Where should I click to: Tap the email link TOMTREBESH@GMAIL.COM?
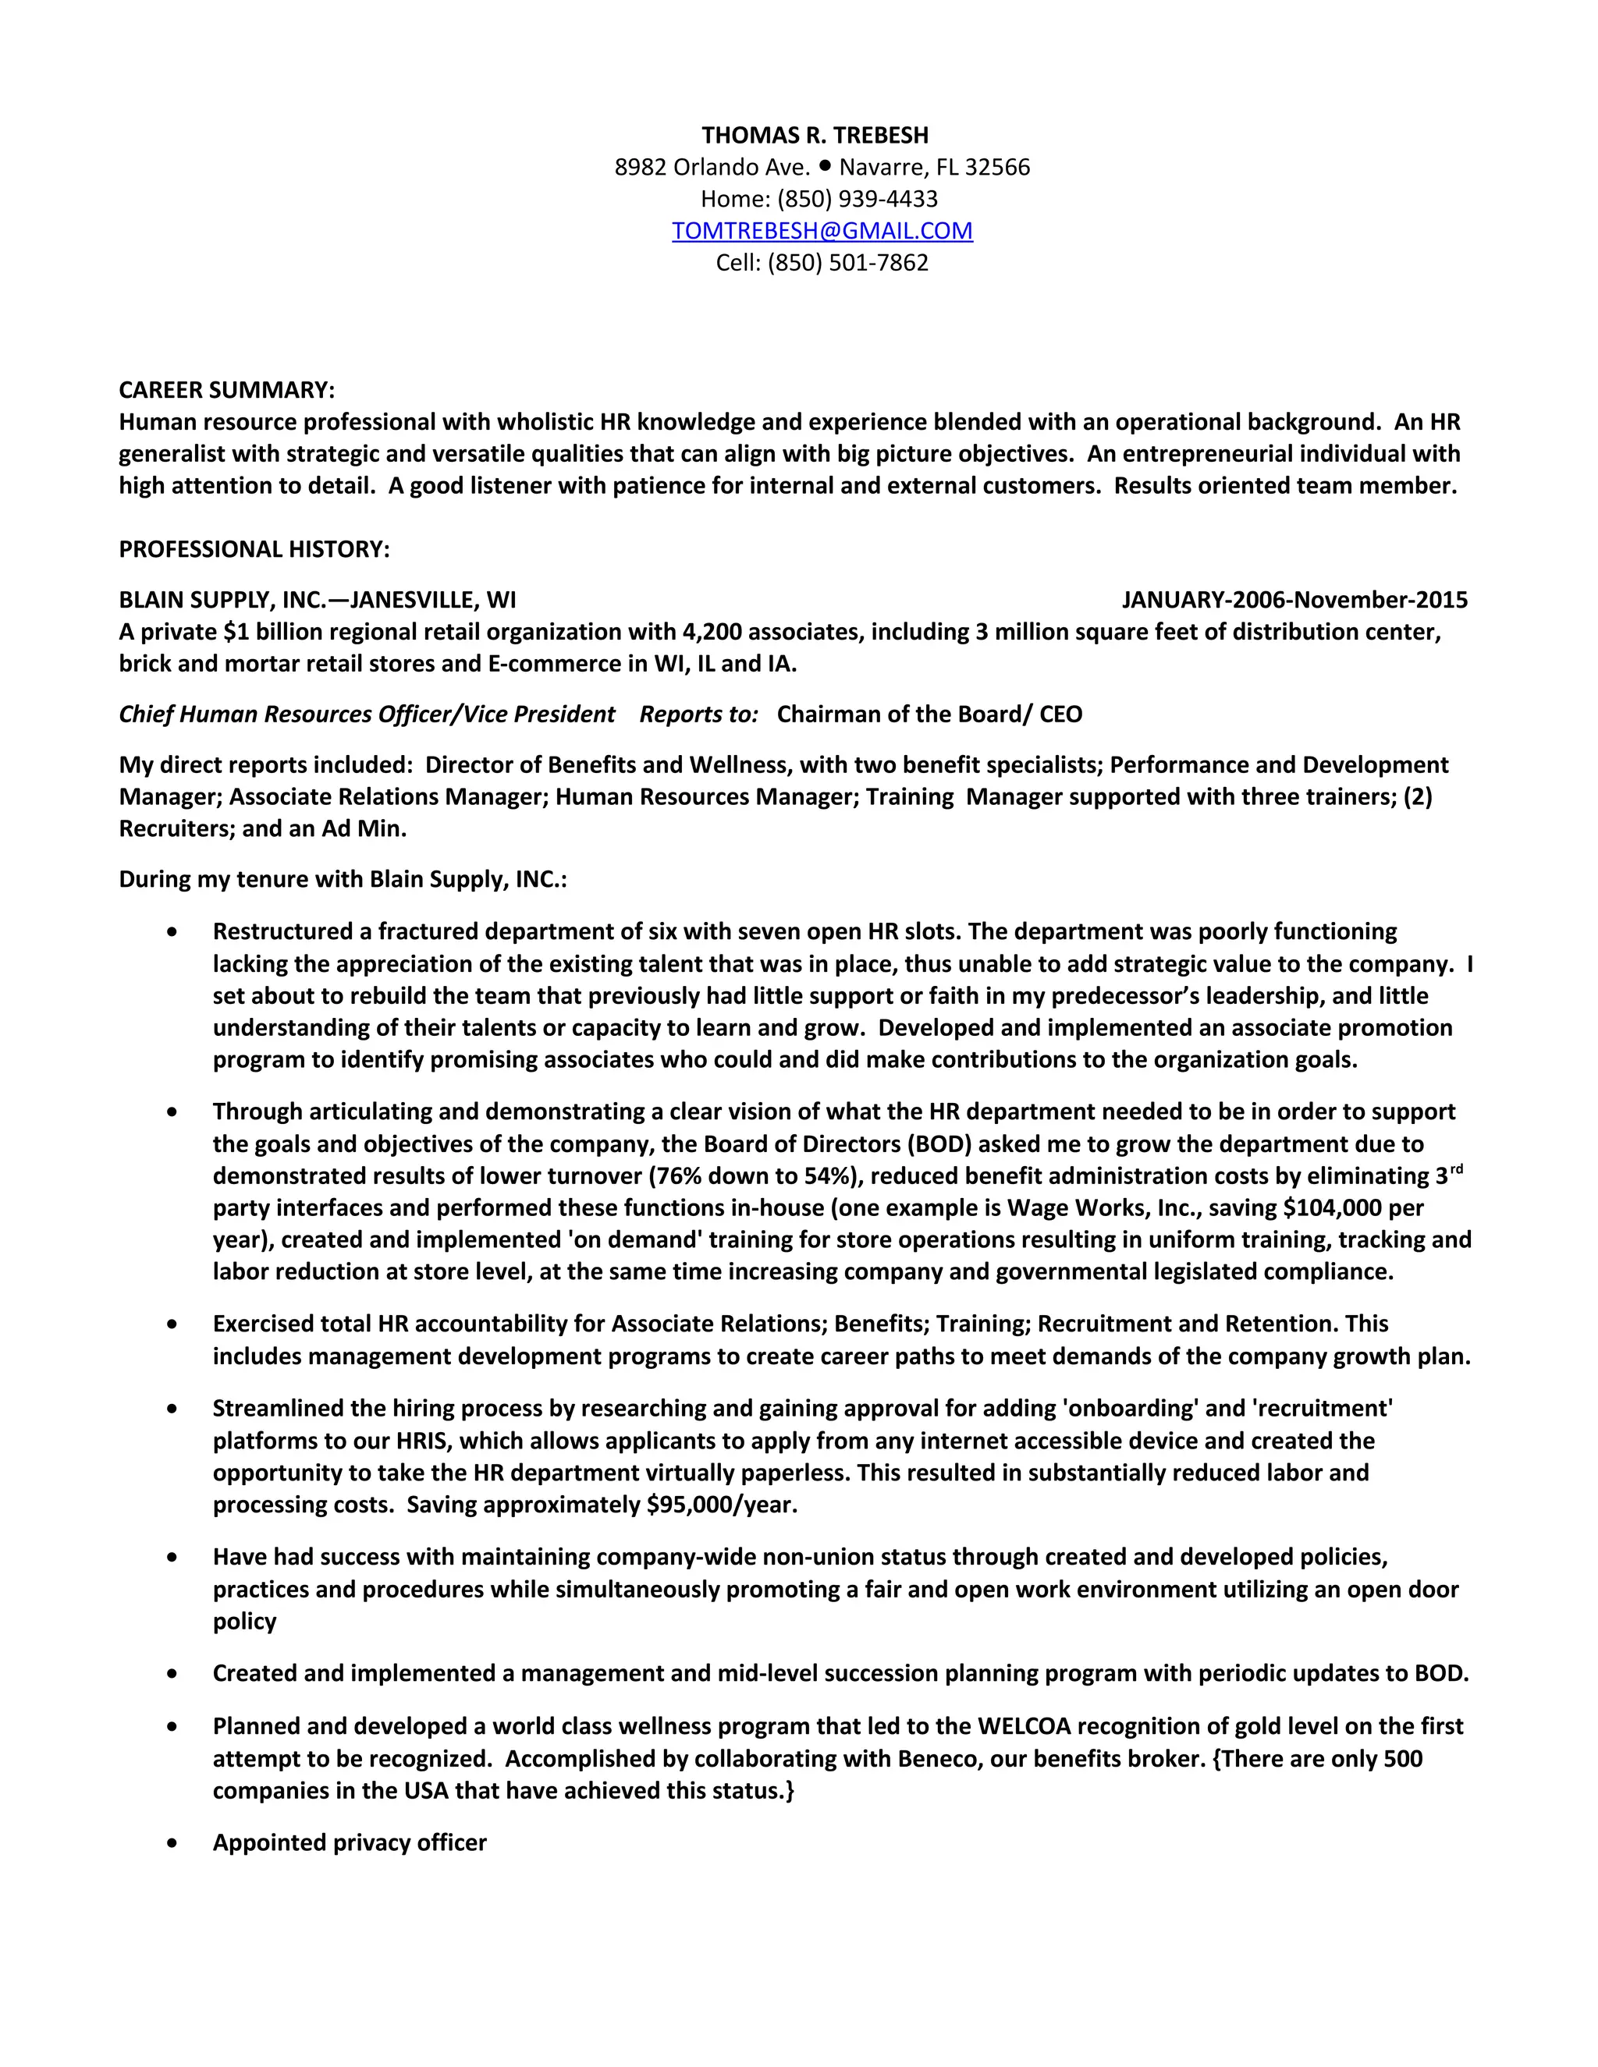(x=822, y=231)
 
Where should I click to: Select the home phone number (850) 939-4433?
(x=857, y=199)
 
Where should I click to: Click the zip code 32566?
(x=997, y=168)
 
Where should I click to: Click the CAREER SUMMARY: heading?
(x=226, y=390)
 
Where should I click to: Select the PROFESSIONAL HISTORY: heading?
(x=254, y=549)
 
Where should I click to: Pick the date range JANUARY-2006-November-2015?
(x=1294, y=600)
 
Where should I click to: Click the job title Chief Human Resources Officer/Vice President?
(x=367, y=714)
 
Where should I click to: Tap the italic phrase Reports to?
(x=698, y=714)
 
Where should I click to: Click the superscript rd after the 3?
(x=1456, y=1170)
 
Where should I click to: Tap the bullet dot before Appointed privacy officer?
(x=172, y=1842)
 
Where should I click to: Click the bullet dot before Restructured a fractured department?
(x=172, y=932)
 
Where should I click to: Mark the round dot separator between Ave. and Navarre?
(x=825, y=165)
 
